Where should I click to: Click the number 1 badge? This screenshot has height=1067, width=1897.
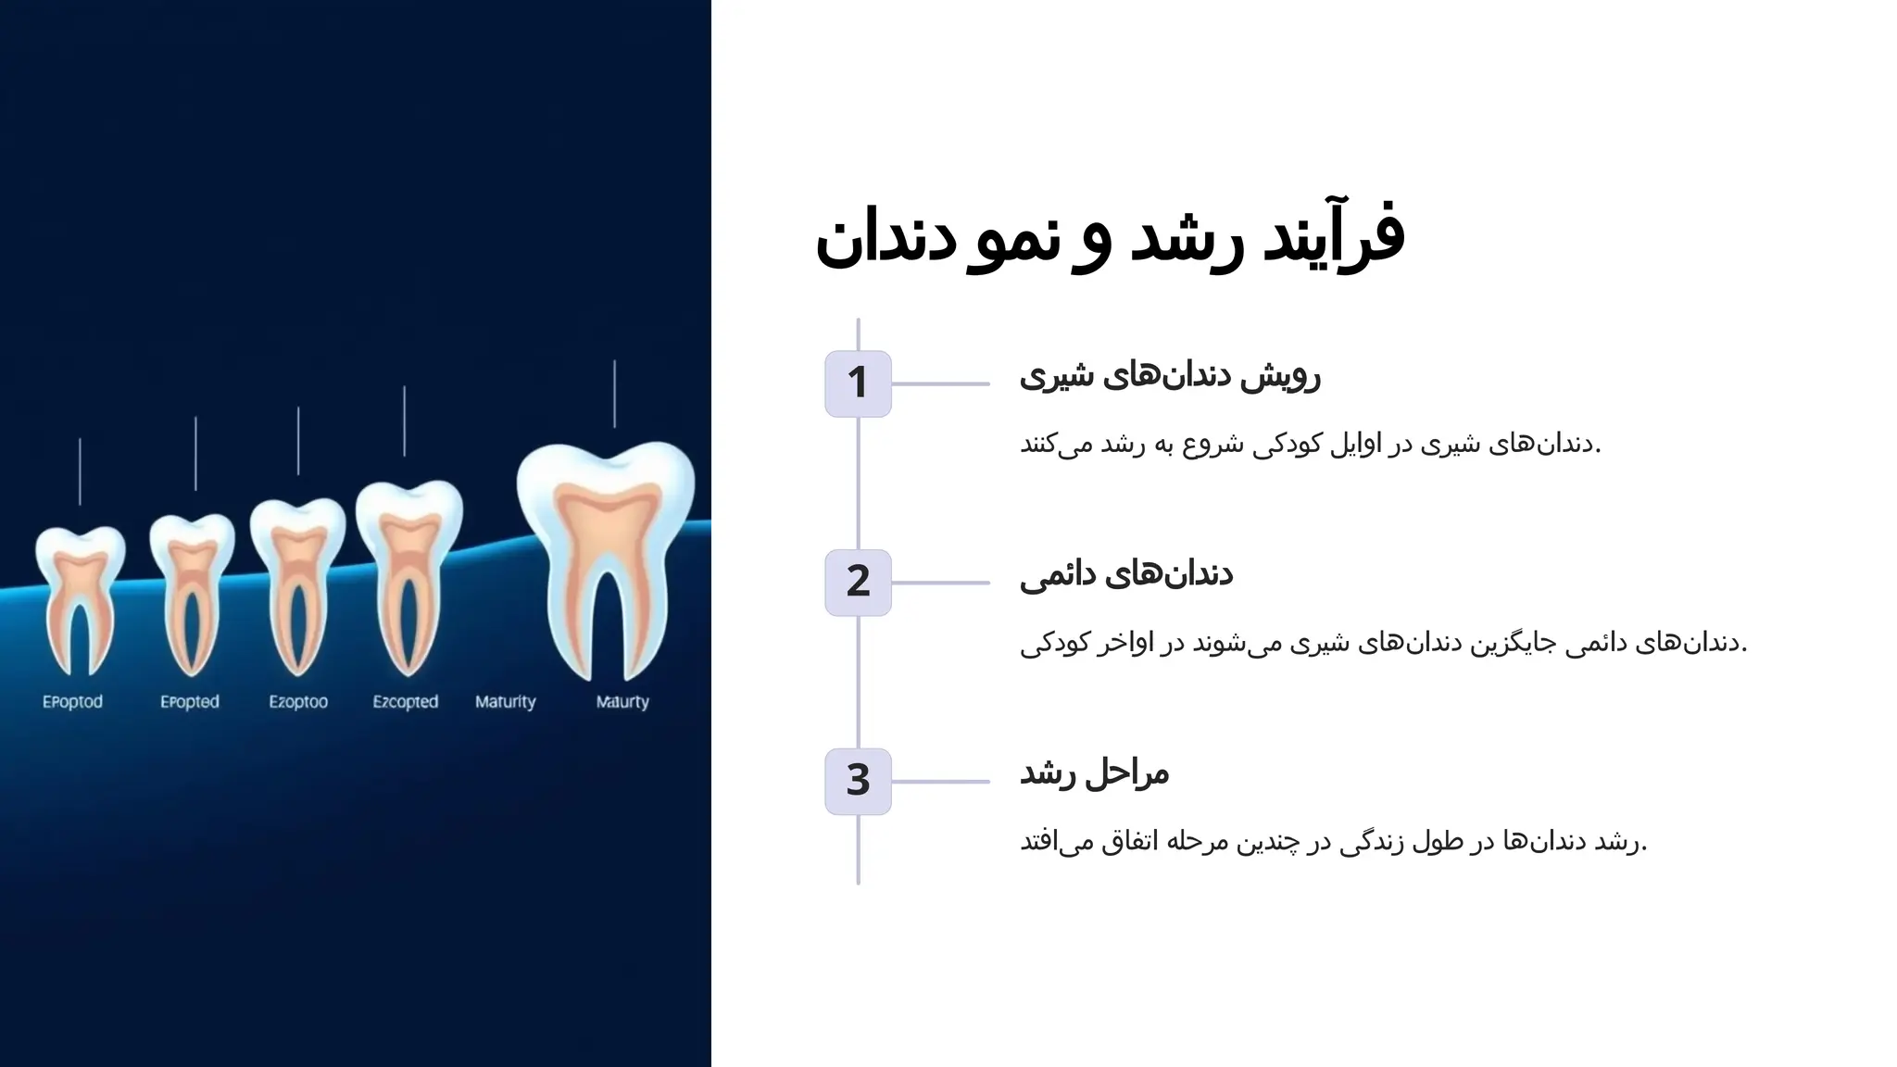pyautogui.click(x=858, y=383)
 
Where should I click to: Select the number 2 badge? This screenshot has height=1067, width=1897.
pyautogui.click(x=858, y=583)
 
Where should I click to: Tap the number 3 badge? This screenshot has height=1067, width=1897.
pyautogui.click(x=858, y=782)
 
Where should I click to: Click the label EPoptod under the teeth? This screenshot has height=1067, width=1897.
pyautogui.click(x=72, y=702)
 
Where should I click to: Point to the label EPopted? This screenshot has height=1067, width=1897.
pyautogui.click(x=190, y=702)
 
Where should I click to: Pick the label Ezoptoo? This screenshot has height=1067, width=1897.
pyautogui.click(x=298, y=702)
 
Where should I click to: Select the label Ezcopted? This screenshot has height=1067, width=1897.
pyautogui.click(x=406, y=702)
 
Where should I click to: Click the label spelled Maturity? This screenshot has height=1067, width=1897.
pyautogui.click(x=506, y=702)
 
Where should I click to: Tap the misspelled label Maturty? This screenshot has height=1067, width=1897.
pyautogui.click(x=622, y=702)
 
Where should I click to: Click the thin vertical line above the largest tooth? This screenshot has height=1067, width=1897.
pyautogui.click(x=614, y=394)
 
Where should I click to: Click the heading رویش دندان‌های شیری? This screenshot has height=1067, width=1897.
pyautogui.click(x=1170, y=376)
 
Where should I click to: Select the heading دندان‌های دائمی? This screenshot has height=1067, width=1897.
pyautogui.click(x=1126, y=575)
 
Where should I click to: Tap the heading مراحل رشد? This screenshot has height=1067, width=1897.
pyautogui.click(x=1095, y=773)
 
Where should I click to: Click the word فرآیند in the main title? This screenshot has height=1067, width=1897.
pyautogui.click(x=1335, y=237)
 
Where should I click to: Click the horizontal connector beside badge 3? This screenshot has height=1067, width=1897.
pyautogui.click(x=940, y=782)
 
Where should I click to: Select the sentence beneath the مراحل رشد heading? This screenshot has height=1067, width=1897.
pyautogui.click(x=1334, y=842)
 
